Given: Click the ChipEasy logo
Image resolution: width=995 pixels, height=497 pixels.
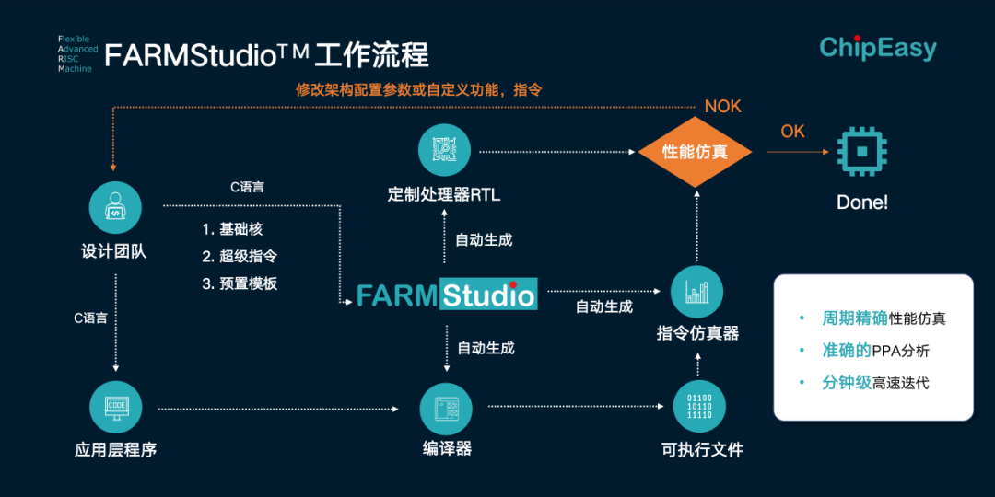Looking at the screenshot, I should click(x=877, y=48).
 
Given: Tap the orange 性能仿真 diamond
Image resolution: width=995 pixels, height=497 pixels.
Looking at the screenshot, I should click(x=696, y=152).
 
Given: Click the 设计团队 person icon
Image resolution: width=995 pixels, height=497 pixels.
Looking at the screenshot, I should click(x=115, y=207).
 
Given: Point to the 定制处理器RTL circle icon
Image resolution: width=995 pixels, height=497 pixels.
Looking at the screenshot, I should click(x=444, y=150).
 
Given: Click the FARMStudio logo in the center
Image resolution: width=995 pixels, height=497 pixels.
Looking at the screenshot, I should click(x=447, y=295).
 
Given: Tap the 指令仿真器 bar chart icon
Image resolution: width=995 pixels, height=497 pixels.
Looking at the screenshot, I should click(x=697, y=293).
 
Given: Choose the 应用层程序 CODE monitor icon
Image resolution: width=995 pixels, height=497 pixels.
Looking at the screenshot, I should click(x=116, y=407).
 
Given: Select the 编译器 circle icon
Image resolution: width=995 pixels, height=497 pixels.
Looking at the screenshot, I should click(x=447, y=407).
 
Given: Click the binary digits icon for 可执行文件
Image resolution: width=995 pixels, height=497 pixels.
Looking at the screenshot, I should click(x=700, y=407).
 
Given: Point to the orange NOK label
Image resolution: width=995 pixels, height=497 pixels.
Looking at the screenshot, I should click(x=722, y=107).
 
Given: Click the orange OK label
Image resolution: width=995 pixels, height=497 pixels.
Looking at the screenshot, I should click(x=793, y=132).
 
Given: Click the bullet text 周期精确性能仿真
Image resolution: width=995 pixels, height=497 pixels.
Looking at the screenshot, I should click(x=884, y=318).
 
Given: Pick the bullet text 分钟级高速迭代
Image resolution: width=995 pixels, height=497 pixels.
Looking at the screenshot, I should click(x=875, y=382).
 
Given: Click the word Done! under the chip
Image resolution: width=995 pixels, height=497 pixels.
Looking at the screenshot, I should click(x=862, y=202).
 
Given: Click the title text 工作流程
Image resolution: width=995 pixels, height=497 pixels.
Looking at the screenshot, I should click(x=371, y=55).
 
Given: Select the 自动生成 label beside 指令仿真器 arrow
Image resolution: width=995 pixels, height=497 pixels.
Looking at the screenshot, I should click(x=604, y=306).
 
